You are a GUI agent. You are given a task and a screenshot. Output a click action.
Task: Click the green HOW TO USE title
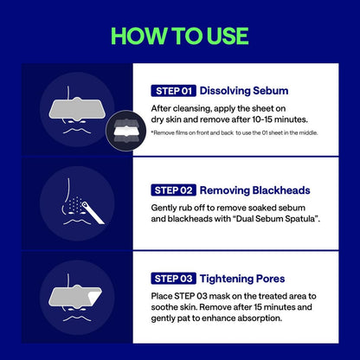pyautogui.click(x=180, y=35)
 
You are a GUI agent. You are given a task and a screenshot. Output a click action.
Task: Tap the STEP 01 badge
pyautogui.click(x=172, y=90)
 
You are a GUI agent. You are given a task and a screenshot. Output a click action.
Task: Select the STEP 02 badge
pyautogui.click(x=173, y=190)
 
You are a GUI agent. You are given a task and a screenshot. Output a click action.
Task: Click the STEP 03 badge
pyautogui.click(x=173, y=278)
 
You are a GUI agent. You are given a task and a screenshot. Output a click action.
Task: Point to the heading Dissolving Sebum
pyautogui.click(x=243, y=90)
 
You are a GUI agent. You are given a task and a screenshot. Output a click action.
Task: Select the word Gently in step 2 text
pyautogui.click(x=167, y=208)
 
